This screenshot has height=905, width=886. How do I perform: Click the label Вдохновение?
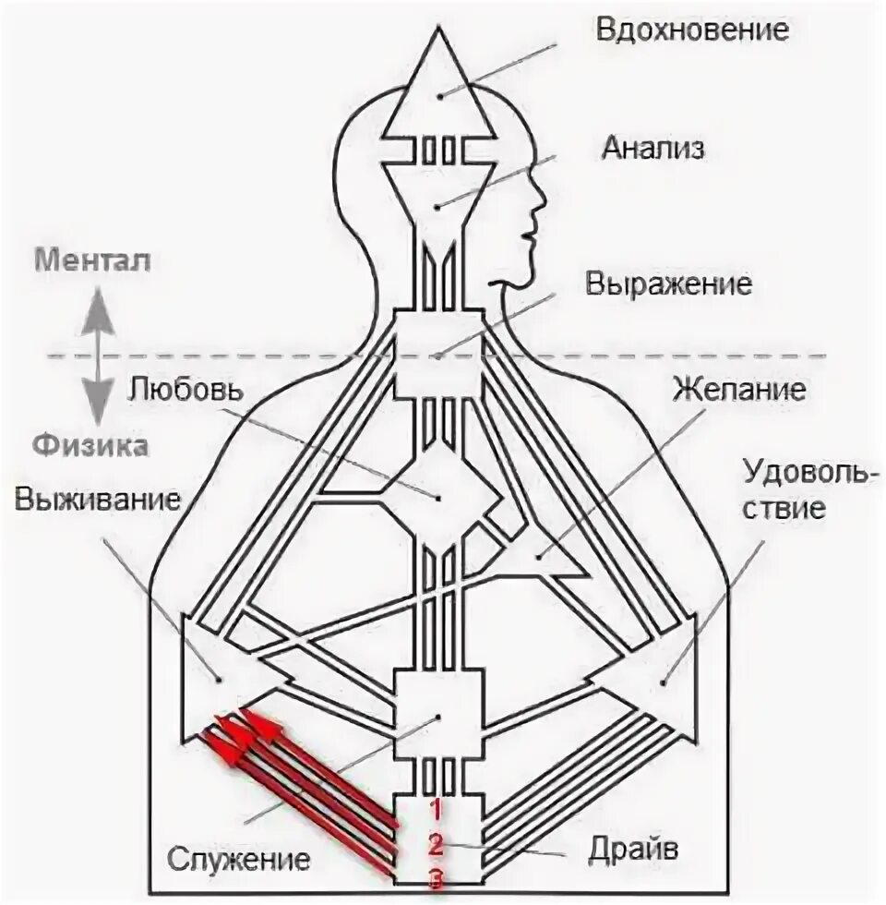(x=693, y=29)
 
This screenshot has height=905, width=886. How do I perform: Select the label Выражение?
(x=667, y=283)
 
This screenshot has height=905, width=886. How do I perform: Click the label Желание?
(x=737, y=388)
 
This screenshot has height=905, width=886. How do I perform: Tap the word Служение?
(x=238, y=861)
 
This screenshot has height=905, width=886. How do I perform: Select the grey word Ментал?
(x=91, y=259)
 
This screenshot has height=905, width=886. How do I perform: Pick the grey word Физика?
(x=91, y=446)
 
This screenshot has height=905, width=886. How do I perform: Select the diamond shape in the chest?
(x=439, y=498)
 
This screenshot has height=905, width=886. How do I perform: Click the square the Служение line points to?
(x=438, y=717)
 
